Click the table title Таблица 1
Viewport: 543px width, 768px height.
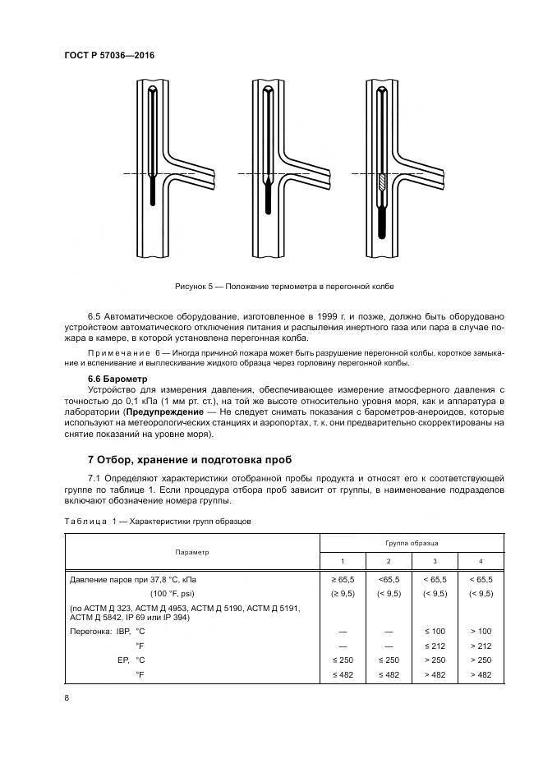pos(81,521)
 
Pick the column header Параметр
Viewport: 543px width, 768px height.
pos(191,552)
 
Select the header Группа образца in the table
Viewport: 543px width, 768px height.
pos(412,544)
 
